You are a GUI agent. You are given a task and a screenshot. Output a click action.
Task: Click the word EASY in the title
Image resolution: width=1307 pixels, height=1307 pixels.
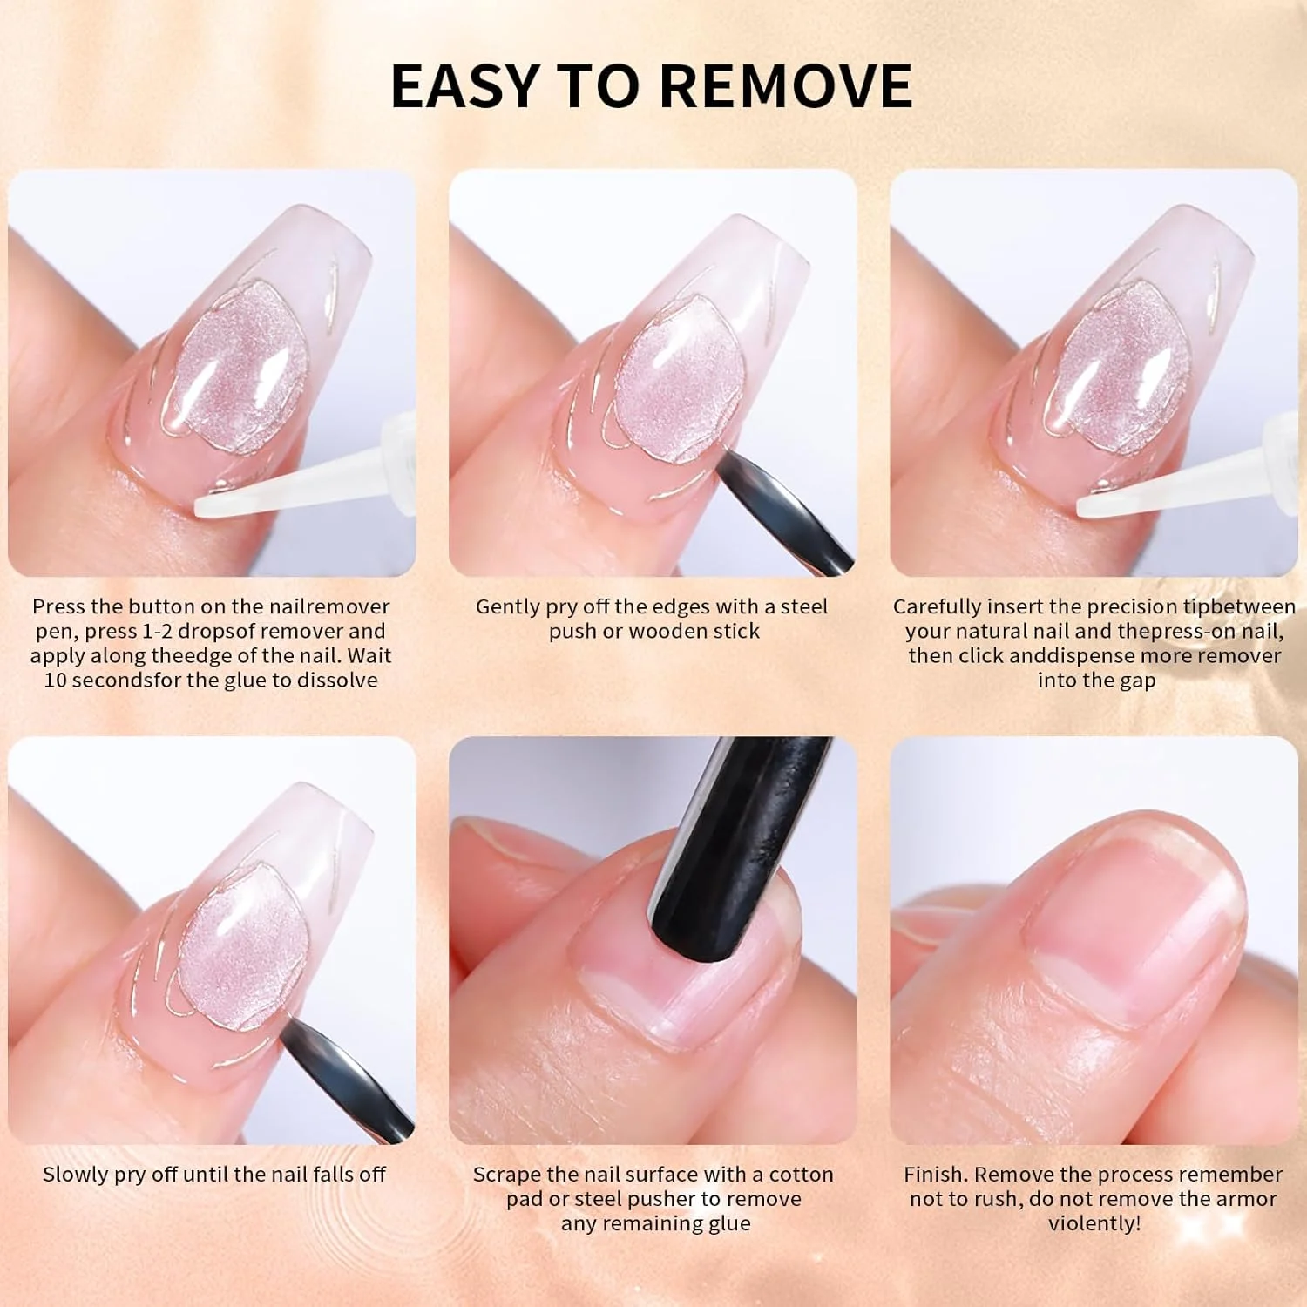click(464, 85)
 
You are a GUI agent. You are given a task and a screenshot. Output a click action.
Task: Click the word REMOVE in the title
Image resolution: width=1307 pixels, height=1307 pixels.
click(786, 85)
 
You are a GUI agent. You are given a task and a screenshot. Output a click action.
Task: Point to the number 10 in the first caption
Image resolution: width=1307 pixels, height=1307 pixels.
click(55, 680)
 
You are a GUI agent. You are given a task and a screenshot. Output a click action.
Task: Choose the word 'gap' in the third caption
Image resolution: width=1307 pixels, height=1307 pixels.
click(1137, 681)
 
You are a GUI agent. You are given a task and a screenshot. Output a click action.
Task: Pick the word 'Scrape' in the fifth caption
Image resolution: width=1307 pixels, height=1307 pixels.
click(504, 1175)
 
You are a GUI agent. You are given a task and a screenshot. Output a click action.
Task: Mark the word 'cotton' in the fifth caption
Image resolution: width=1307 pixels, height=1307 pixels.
click(801, 1175)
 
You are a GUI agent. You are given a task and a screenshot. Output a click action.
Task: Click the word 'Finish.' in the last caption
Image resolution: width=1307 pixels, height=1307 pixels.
click(936, 1175)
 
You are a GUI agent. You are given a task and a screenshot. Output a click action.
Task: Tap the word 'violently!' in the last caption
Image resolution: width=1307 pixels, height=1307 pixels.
click(1094, 1223)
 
